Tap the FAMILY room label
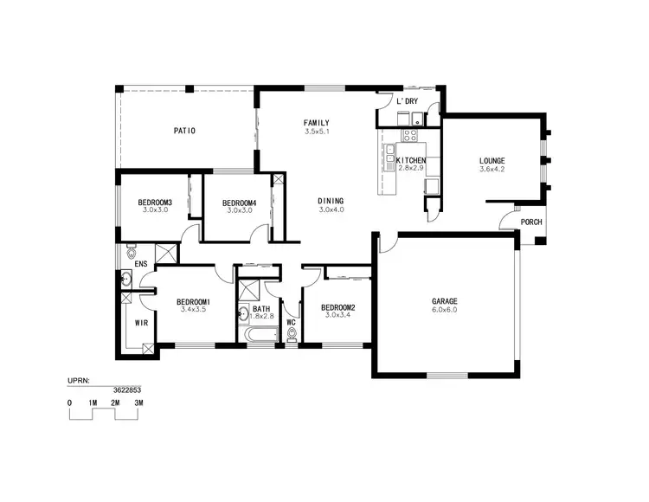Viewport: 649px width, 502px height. click(x=316, y=122)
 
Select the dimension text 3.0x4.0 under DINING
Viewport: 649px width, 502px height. click(x=331, y=209)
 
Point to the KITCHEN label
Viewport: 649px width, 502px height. click(x=410, y=162)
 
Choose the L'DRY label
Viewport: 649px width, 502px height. click(x=407, y=102)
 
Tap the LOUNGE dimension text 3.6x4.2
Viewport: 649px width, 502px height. click(x=492, y=171)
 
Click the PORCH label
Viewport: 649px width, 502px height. click(x=531, y=222)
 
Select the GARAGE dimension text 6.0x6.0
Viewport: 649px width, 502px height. click(x=444, y=310)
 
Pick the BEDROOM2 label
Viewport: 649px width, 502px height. click(x=337, y=307)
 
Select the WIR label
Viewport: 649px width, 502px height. click(x=140, y=323)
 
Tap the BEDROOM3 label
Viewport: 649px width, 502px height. click(x=156, y=203)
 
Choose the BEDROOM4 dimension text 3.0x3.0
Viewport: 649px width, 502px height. click(x=240, y=210)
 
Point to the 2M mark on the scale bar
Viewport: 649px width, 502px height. click(x=114, y=403)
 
